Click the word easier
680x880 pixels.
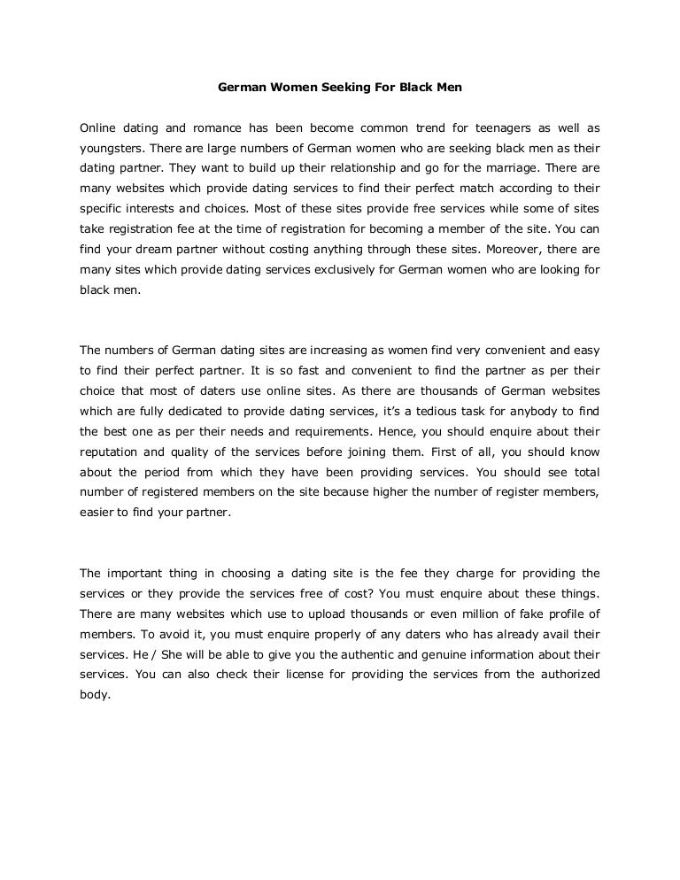[x=98, y=509]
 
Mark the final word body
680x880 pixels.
[x=95, y=695]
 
